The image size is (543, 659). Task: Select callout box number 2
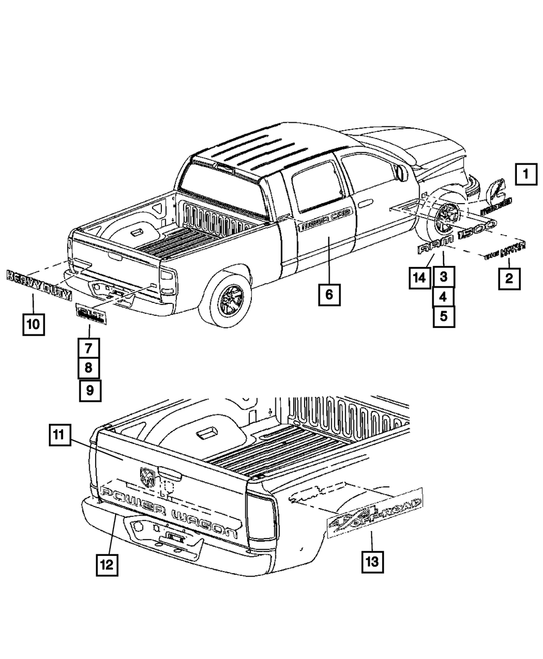click(x=509, y=279)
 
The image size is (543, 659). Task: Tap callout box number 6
click(x=330, y=295)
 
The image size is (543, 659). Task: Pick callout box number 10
click(x=33, y=324)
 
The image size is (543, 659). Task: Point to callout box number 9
click(x=90, y=390)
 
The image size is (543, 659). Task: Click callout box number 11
click(x=59, y=435)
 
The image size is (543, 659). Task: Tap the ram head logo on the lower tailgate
click(x=147, y=477)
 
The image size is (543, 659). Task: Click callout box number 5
click(x=444, y=316)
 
